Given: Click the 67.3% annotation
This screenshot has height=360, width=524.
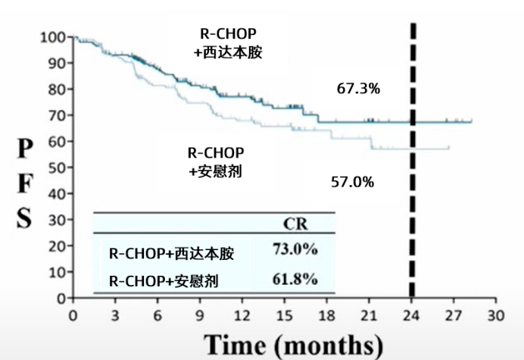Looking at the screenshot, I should (358, 89).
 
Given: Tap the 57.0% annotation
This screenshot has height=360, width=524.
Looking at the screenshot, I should (352, 182).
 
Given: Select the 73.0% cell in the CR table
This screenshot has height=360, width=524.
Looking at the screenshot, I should (295, 249).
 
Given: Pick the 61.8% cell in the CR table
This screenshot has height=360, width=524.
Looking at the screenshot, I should (295, 280).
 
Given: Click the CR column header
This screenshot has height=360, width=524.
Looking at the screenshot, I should (294, 224).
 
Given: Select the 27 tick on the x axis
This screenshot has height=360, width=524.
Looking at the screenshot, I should (454, 313).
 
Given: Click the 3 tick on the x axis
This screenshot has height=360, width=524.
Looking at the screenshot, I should (116, 313).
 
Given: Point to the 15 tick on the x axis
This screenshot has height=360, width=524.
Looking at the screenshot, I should (285, 313).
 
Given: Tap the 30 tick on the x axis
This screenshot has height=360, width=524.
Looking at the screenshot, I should (496, 313).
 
